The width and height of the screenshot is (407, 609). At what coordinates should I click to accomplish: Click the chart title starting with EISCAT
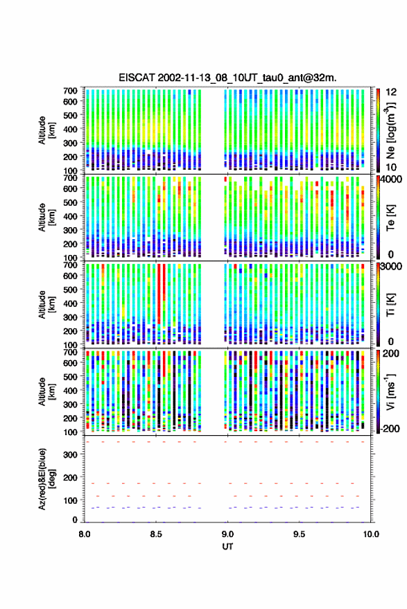pos(228,78)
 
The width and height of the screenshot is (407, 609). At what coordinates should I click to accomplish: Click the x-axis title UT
pos(228,547)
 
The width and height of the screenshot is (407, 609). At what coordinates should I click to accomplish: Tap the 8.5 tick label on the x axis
pos(156,534)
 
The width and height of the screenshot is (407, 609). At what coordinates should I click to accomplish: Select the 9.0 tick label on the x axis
pos(228,534)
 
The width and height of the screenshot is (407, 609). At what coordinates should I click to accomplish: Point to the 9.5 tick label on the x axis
pos(300,534)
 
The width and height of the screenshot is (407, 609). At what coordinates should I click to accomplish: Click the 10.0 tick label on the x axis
pos(371,534)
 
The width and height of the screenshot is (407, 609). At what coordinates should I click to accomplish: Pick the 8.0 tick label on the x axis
pos(85,534)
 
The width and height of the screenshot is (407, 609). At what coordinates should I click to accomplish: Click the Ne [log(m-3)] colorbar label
pos(391,130)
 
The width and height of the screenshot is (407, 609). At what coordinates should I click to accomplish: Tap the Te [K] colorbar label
pos(390,218)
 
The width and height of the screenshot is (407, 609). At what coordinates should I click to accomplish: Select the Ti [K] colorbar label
pos(390,305)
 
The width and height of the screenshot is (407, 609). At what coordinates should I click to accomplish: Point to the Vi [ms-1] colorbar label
pos(390,391)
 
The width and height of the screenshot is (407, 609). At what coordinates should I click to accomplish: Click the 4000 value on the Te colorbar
pos(392,179)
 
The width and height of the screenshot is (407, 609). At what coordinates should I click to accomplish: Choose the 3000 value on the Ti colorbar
pos(392,267)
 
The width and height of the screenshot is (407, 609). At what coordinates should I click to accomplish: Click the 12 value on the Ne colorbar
pos(391,92)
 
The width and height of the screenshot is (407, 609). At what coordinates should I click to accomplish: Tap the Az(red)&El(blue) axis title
pos(46,479)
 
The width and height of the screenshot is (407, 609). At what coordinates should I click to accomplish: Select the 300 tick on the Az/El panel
pos(70,454)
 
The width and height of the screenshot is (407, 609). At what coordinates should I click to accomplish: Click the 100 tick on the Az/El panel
pos(70,500)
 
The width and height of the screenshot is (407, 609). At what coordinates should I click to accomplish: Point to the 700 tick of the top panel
pos(70,91)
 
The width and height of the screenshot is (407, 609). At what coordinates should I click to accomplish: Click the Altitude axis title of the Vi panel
pos(46,391)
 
